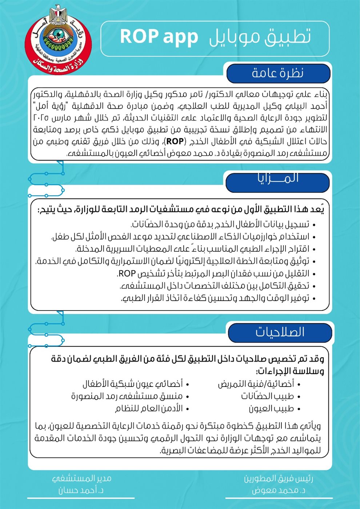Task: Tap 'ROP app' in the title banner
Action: (159, 37)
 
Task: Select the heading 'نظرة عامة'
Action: (278, 73)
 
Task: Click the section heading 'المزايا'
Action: (278, 179)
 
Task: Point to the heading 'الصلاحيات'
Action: (280, 332)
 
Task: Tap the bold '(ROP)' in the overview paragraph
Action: (175, 141)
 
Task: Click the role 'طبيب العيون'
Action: (271, 409)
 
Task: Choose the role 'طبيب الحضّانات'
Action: (267, 396)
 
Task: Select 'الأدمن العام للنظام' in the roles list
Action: (149, 409)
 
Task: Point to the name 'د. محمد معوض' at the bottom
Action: (279, 490)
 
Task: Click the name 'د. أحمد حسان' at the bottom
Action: (81, 490)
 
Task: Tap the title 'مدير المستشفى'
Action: (81, 478)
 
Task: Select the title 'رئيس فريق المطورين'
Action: (279, 478)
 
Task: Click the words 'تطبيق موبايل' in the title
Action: (260, 37)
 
